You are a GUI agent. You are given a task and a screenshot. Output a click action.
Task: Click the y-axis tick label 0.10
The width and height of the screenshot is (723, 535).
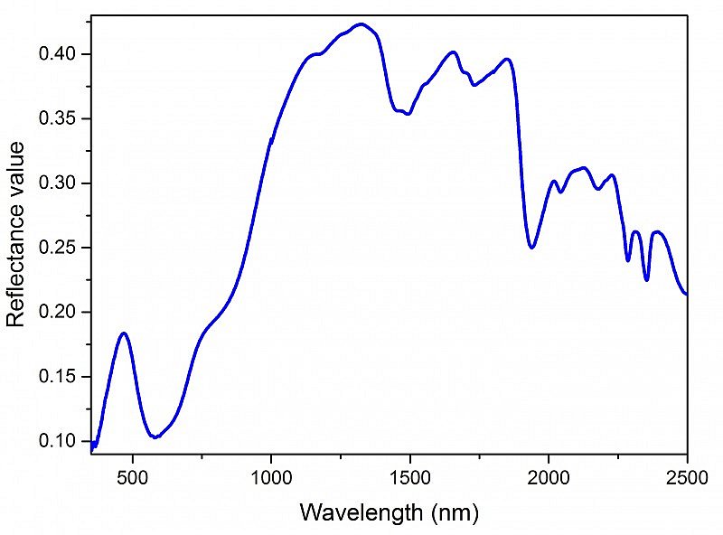pyautogui.click(x=63, y=441)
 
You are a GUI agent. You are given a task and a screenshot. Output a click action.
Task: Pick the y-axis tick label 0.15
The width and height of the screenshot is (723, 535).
pyautogui.click(x=63, y=377)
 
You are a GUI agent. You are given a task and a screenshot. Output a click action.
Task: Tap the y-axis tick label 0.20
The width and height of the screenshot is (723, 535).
pyautogui.click(x=63, y=313)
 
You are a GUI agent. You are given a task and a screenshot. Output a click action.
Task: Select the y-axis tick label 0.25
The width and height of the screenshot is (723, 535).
pyautogui.click(x=63, y=248)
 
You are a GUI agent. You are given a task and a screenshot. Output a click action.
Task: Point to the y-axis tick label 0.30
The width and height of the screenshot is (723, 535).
pyautogui.click(x=63, y=183)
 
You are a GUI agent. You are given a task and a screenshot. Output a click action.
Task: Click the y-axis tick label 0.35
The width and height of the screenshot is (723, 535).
pyautogui.click(x=63, y=119)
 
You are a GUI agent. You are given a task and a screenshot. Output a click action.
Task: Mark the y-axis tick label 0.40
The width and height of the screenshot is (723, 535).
pyautogui.click(x=63, y=55)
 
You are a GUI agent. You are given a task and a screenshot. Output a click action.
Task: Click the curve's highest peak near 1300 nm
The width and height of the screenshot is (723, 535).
pyautogui.click(x=361, y=24)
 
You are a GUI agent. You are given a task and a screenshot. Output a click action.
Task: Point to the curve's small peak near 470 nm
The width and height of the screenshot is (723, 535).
pyautogui.click(x=124, y=333)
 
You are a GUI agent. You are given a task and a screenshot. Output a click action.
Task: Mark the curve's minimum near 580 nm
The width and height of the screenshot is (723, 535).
pyautogui.click(x=155, y=436)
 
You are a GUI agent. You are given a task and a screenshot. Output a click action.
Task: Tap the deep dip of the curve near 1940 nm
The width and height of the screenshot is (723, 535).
pyautogui.click(x=531, y=247)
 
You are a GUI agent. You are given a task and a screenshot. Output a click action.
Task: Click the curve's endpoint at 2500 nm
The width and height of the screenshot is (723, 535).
pyautogui.click(x=686, y=294)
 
